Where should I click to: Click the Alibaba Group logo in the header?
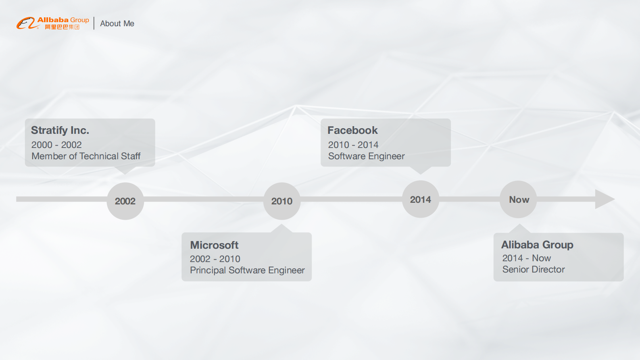coord(53,23)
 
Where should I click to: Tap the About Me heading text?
coord(117,23)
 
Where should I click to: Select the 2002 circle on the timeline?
coord(125,201)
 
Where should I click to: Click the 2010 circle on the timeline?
coord(282,201)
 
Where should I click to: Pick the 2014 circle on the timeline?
coord(421,199)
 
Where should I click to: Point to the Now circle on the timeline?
coord(518,200)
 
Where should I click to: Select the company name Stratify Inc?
coord(60,130)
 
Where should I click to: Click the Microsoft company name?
coord(214,245)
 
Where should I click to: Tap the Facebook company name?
coord(352,130)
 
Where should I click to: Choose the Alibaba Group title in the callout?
coord(537,245)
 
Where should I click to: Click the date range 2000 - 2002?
coord(56,145)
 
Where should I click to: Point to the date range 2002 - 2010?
coord(215,259)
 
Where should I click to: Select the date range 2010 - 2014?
coord(353,145)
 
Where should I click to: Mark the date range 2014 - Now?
coord(527,258)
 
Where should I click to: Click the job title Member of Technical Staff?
coord(86,156)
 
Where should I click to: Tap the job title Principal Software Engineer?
coord(248,270)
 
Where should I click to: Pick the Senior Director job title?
coord(534,269)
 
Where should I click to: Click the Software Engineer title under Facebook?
coord(366,156)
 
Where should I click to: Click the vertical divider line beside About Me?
coord(94,23)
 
